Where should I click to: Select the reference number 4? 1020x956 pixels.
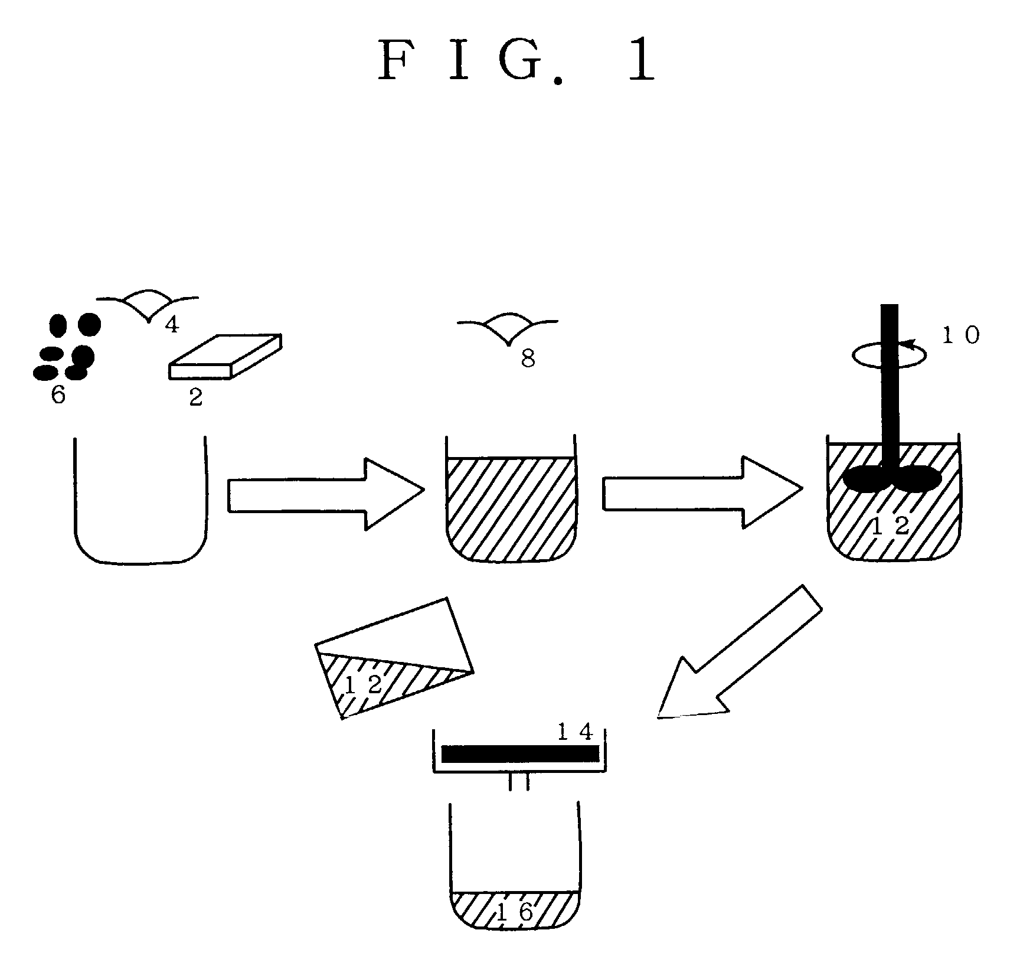(172, 324)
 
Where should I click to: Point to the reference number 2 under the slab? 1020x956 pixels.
(195, 397)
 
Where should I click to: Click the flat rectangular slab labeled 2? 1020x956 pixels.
(225, 357)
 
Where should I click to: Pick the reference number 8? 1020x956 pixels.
(528, 359)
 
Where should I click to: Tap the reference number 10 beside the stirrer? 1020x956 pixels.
(960, 335)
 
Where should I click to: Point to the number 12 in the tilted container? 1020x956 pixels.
(362, 686)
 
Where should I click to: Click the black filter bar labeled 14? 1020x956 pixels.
(520, 754)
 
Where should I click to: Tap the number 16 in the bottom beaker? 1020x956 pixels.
(515, 912)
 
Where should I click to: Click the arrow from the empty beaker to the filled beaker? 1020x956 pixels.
(326, 494)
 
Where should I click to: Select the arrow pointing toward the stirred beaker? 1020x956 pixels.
(702, 491)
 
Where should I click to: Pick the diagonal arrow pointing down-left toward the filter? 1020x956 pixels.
(740, 652)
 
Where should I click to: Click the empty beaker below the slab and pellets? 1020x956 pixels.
(140, 501)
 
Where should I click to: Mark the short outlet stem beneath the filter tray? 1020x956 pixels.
(519, 782)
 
